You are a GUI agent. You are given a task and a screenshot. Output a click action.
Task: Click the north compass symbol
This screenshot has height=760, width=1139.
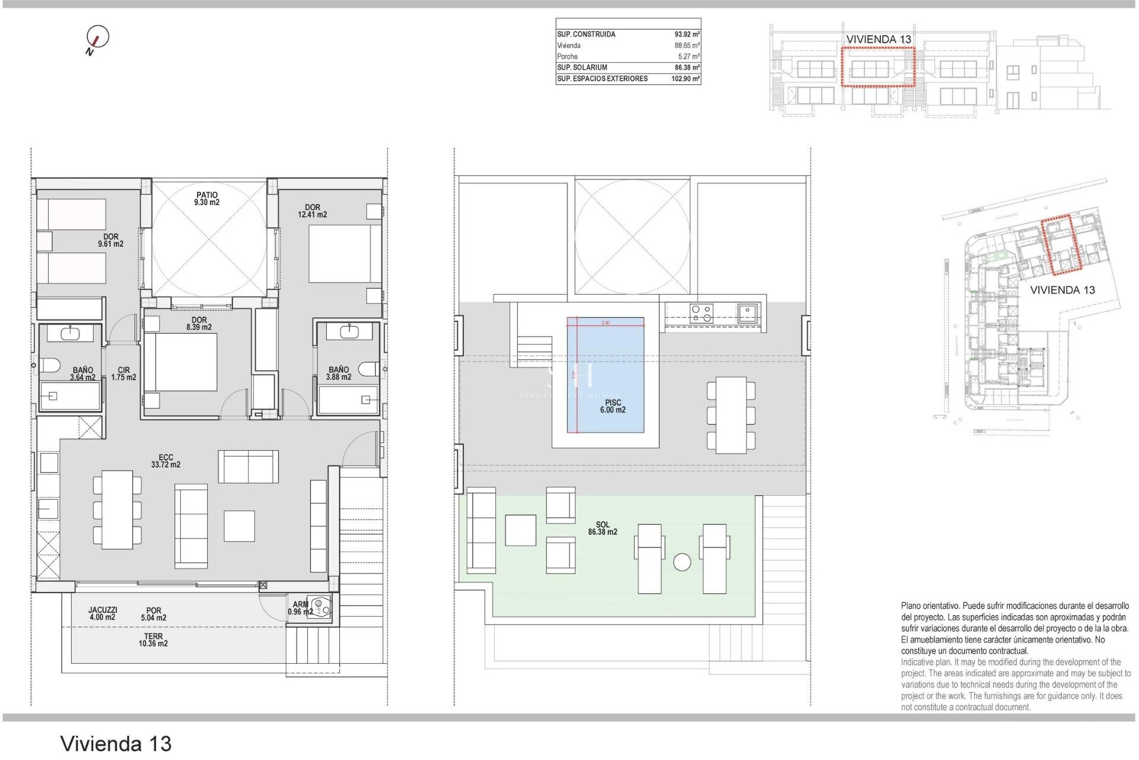(97, 37)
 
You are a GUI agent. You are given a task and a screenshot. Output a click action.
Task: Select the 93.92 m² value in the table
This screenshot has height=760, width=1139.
(687, 34)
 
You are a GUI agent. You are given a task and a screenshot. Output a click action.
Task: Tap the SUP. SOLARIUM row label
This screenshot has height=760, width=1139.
(582, 68)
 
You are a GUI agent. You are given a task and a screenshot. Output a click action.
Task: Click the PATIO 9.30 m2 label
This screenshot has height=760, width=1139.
(206, 199)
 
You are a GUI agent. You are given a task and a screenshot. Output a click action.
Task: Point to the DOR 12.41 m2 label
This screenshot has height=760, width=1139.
(312, 211)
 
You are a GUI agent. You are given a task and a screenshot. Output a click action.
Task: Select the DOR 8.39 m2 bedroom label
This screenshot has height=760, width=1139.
(199, 324)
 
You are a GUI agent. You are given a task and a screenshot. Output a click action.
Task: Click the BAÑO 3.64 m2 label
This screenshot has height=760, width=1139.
(82, 373)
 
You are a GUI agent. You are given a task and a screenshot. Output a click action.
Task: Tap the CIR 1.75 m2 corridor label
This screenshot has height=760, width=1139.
(123, 373)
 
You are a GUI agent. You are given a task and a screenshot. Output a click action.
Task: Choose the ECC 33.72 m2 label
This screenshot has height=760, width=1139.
(166, 461)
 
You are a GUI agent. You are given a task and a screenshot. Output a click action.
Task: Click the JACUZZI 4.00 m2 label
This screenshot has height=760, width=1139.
(103, 613)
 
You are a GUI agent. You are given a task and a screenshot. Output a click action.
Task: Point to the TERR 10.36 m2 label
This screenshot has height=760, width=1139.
(153, 640)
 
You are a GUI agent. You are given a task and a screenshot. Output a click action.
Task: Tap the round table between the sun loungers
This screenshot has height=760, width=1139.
(682, 562)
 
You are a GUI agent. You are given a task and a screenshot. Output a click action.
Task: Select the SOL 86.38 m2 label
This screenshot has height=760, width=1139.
(603, 528)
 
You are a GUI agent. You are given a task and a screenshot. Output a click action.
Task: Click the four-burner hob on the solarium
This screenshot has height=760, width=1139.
(702, 313)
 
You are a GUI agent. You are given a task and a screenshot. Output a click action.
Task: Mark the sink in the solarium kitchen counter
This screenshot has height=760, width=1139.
(747, 312)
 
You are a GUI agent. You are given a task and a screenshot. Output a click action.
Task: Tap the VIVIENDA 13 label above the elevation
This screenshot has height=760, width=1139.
(878, 39)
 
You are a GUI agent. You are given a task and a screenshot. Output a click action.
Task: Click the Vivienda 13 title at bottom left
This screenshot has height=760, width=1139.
(116, 743)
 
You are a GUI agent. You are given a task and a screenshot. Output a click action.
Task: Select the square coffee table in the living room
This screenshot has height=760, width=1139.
(239, 526)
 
